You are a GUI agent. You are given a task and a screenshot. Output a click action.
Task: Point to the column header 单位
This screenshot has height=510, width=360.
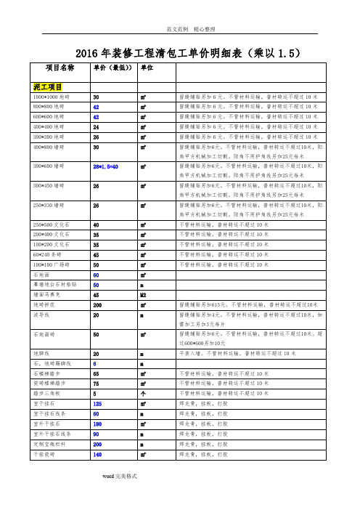[x=146, y=68]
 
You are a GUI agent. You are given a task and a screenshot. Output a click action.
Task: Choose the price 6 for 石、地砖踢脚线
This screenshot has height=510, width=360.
[x=94, y=363]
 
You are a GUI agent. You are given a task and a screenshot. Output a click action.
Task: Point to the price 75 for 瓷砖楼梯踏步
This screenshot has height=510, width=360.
[x=95, y=383]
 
